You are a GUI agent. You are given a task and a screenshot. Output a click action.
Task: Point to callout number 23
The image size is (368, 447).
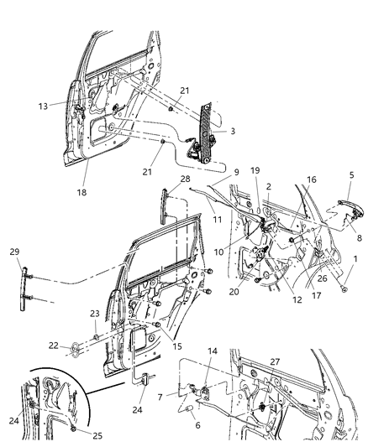coord(94,314)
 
